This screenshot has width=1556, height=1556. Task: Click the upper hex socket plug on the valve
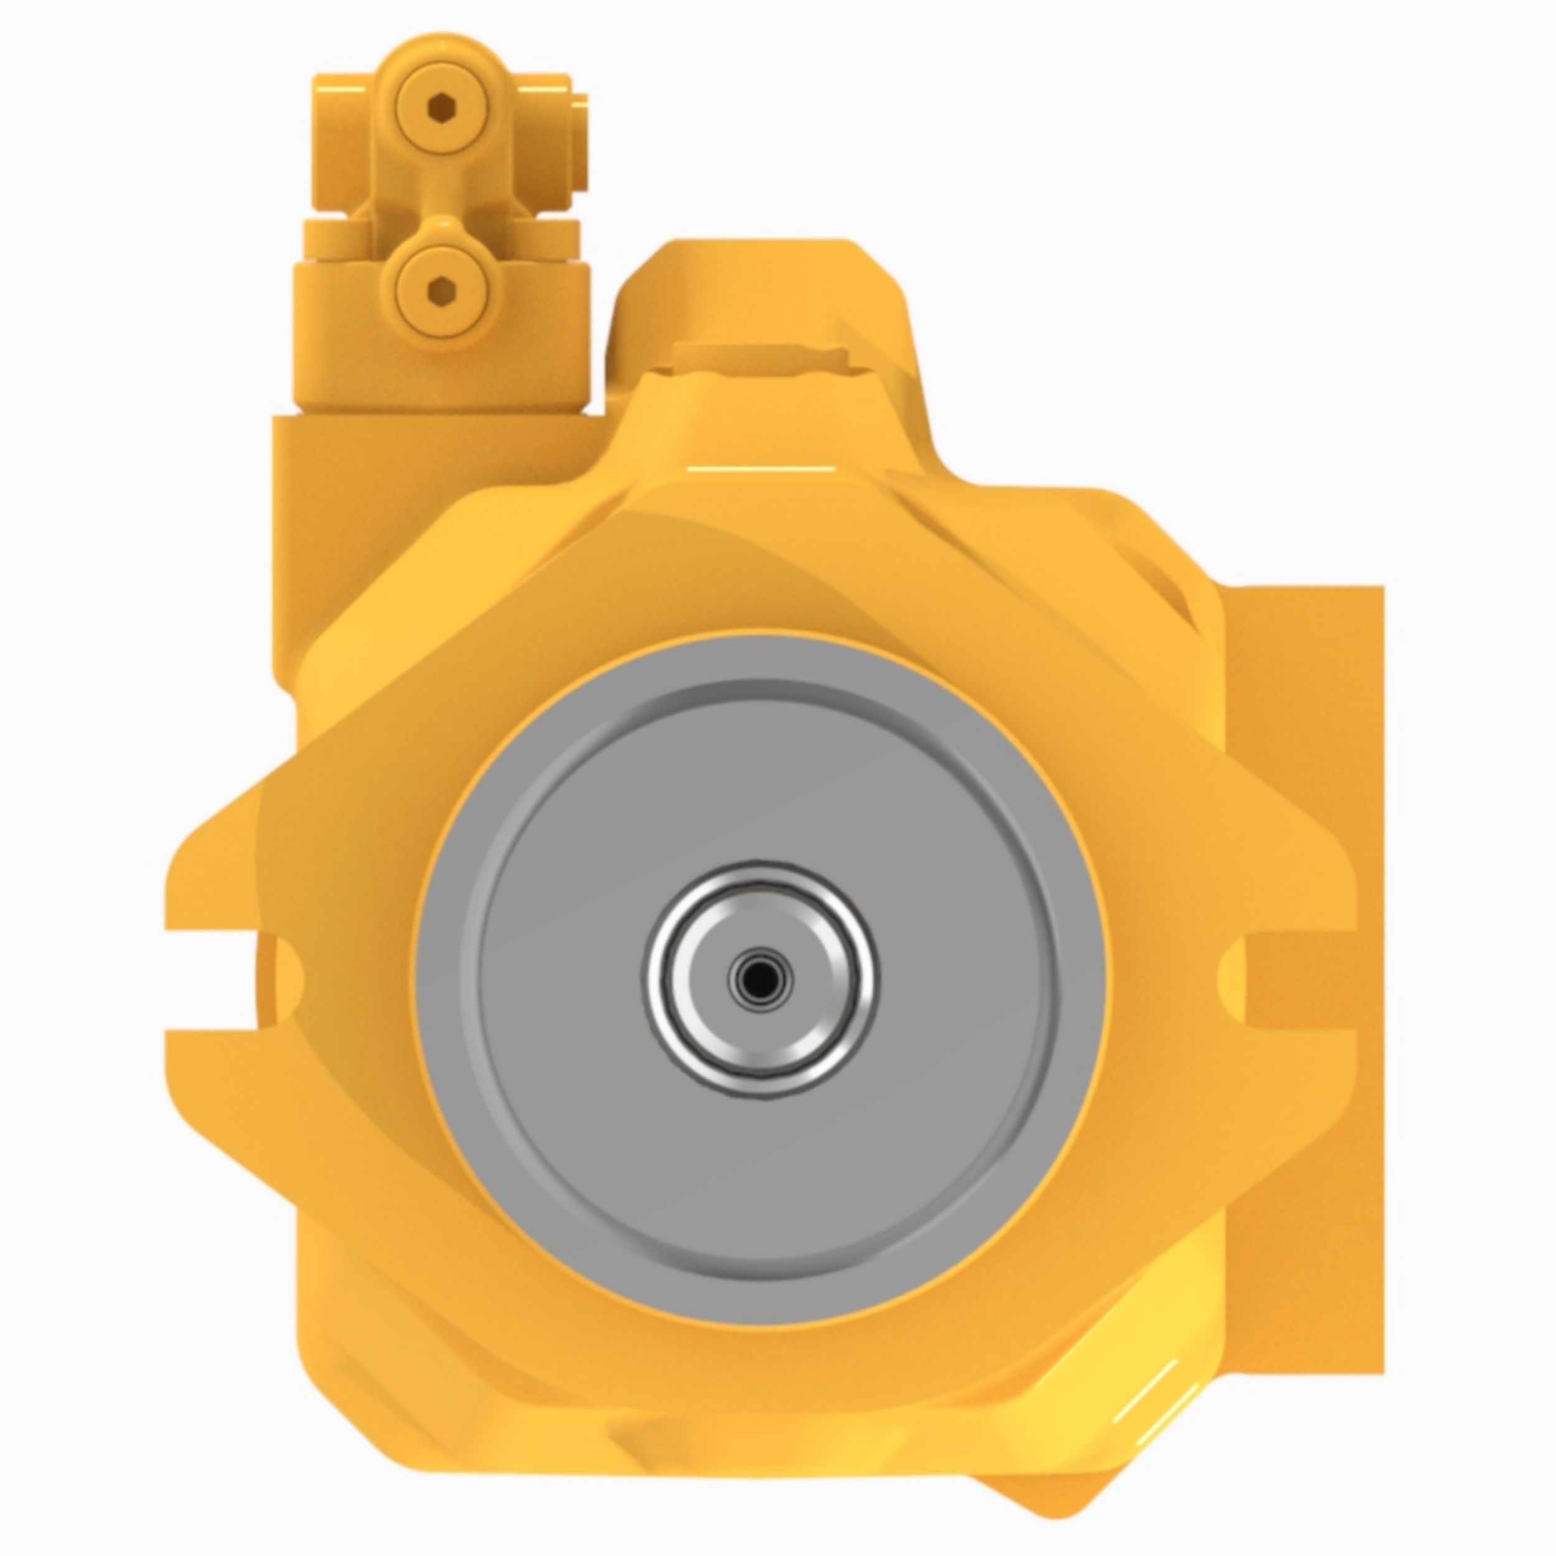tap(441, 107)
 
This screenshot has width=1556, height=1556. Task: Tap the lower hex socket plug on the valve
tap(441, 291)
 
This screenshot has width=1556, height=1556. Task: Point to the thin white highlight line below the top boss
tap(761, 468)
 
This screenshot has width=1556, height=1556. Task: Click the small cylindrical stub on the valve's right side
tap(580, 141)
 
